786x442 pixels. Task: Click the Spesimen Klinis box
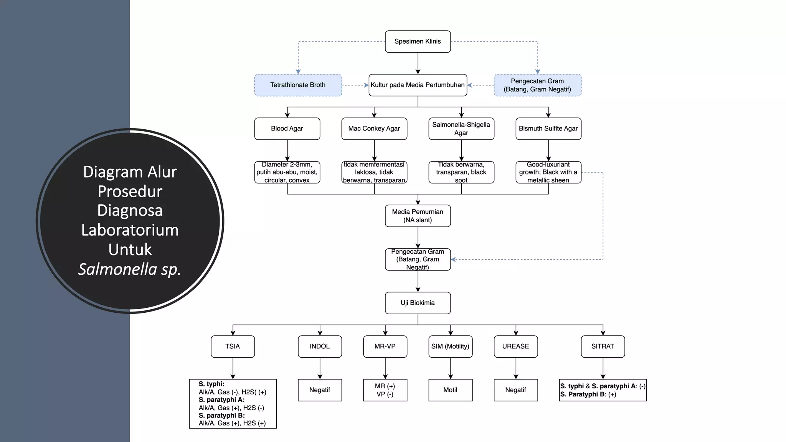[418, 41]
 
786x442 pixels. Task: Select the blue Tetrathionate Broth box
[298, 85]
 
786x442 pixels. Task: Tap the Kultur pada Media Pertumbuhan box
[418, 85]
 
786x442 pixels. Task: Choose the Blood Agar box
[287, 129]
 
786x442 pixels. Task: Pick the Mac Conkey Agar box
[374, 129]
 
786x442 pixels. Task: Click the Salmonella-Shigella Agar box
[461, 129]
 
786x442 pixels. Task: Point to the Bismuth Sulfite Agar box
[548, 129]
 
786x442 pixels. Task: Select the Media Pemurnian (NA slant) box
[418, 216]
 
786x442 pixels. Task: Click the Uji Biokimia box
[418, 303]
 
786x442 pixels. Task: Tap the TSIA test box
[233, 346]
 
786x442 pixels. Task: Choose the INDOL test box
[320, 346]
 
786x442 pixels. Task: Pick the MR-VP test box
[385, 346]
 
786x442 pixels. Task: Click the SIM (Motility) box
[450, 346]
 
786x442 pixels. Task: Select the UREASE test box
[515, 346]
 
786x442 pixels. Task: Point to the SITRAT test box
[603, 346]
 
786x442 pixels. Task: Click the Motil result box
[450, 390]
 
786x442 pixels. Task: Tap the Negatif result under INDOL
[320, 390]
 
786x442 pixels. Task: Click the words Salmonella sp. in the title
[130, 269]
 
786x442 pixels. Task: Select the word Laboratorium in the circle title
[130, 230]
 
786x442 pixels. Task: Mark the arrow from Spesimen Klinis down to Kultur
[418, 63]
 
